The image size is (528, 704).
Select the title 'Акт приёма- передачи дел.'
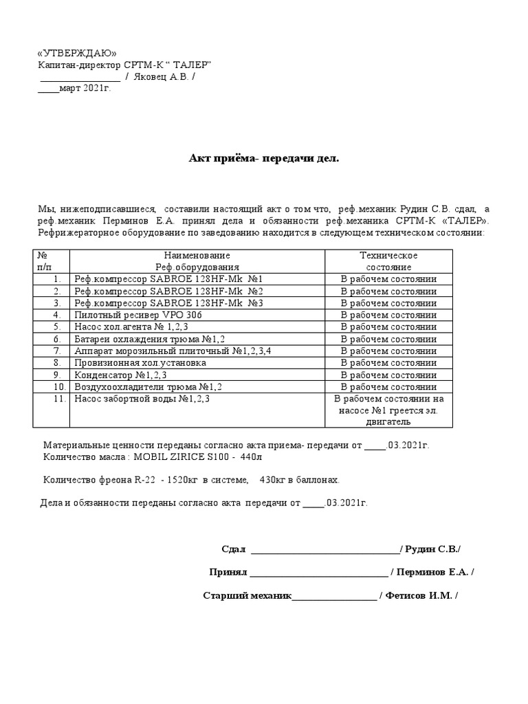(264, 159)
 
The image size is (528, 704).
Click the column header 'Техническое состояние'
(388, 261)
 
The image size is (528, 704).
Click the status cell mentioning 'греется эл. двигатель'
(388, 410)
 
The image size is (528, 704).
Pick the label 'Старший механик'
(247, 595)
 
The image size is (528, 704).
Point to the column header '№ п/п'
(43, 261)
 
